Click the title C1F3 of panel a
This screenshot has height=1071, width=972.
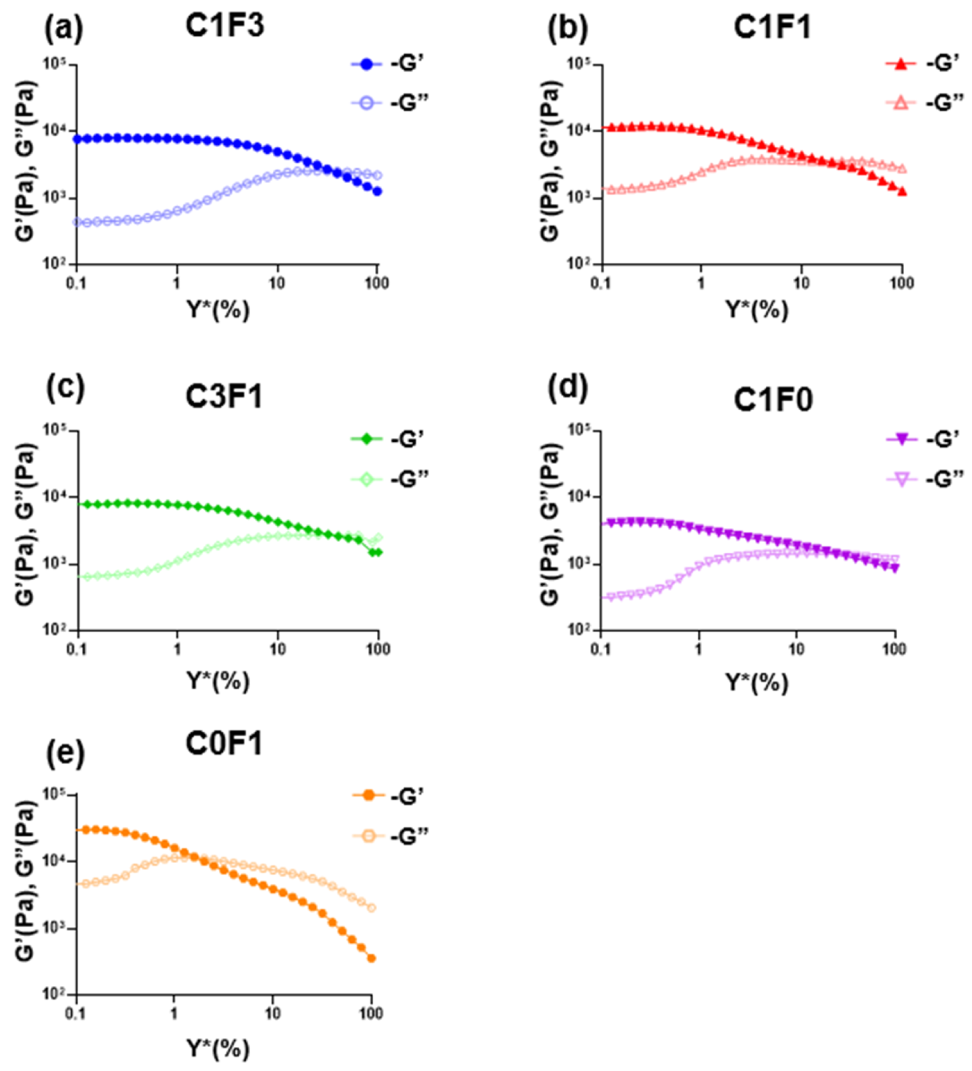(224, 26)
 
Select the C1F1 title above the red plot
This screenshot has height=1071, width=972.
(772, 28)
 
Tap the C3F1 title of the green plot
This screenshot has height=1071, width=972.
(223, 397)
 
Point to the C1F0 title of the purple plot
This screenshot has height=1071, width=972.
(773, 400)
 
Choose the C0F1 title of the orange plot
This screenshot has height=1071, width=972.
(223, 744)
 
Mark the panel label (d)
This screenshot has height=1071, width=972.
(567, 386)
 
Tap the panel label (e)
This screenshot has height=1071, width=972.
(65, 752)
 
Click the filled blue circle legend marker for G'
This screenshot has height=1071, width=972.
(367, 64)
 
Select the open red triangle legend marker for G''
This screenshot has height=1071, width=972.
(900, 103)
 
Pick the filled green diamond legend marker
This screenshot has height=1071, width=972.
(367, 438)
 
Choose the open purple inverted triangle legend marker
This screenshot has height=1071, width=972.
(901, 479)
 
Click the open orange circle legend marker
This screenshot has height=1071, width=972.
(368, 835)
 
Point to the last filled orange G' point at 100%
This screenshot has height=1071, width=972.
(371, 958)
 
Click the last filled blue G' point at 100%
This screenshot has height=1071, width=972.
(377, 191)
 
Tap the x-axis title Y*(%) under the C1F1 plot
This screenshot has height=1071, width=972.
(757, 309)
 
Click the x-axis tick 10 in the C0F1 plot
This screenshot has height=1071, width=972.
(272, 1013)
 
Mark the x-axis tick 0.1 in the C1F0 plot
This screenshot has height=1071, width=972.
(600, 649)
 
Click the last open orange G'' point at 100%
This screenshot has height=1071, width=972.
(371, 908)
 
